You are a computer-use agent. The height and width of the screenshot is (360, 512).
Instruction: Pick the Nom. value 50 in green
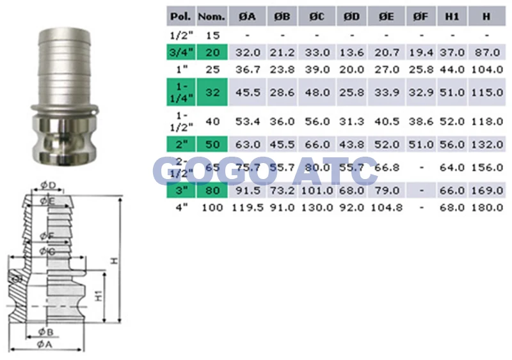click(211, 145)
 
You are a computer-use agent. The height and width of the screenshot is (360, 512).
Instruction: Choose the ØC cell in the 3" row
click(317, 191)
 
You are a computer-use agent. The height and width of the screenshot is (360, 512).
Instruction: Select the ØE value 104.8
click(386, 208)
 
